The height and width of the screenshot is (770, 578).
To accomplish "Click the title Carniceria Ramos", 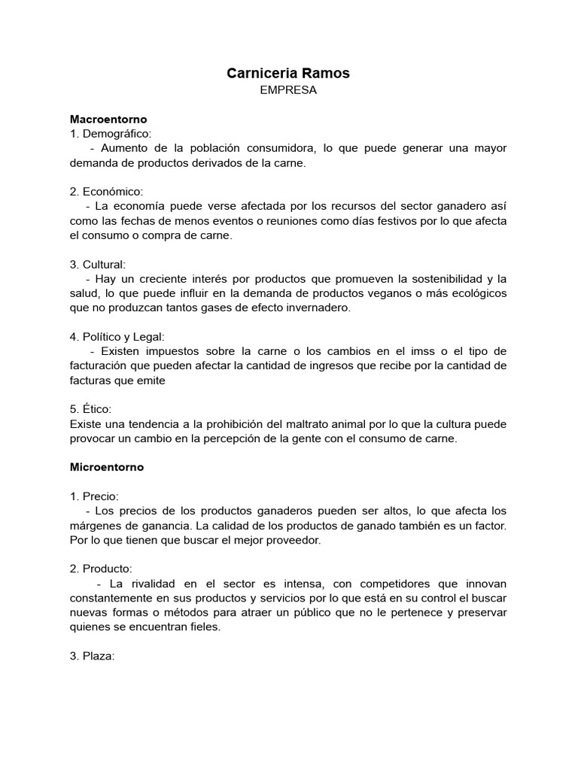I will [288, 73].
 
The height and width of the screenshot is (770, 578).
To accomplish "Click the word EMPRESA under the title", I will [288, 90].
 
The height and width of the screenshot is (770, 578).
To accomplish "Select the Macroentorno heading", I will [108, 119].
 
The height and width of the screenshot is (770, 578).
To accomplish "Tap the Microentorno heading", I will [107, 467].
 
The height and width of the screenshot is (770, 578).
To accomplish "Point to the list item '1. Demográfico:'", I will [111, 133].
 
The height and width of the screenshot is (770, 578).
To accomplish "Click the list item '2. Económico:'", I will [107, 192].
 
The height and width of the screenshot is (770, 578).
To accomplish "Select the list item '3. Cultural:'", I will [98, 265].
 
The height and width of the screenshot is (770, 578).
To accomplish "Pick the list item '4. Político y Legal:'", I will [117, 337].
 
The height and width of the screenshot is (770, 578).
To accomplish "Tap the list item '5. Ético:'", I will [90, 409].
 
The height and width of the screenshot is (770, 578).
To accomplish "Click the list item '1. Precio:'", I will [94, 496].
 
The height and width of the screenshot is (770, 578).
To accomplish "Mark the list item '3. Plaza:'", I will [92, 656].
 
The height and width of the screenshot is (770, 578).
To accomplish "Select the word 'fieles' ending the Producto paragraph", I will [203, 627].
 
